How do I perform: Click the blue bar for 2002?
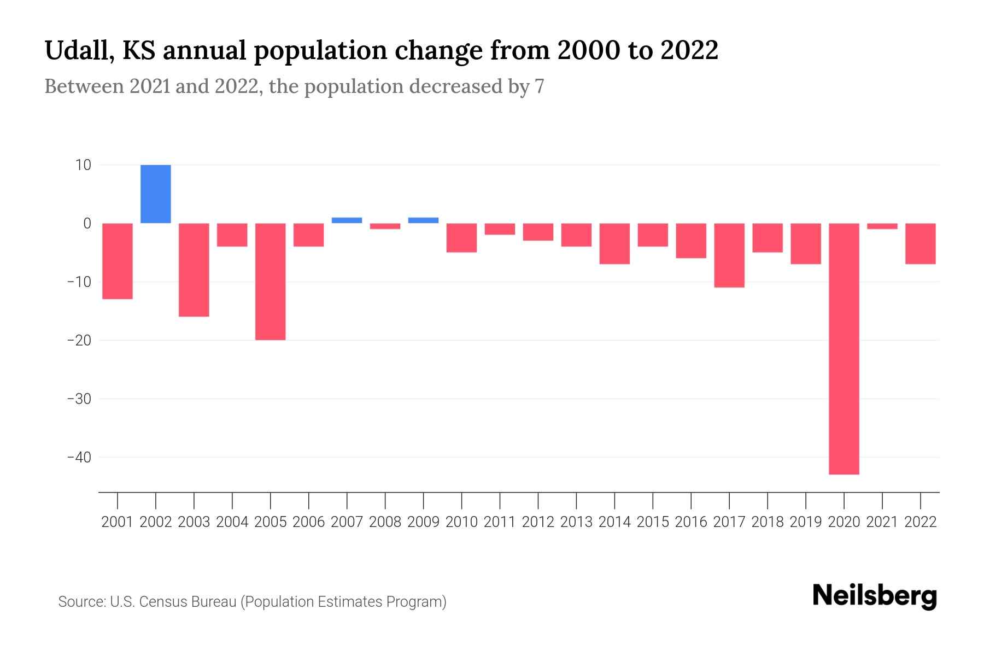(156, 194)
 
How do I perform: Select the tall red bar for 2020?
(844, 349)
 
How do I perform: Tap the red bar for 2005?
(271, 282)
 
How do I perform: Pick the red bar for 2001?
(118, 261)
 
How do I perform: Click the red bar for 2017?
(729, 255)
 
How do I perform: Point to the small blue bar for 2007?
(347, 220)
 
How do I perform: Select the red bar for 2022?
(921, 244)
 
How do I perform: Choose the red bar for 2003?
(194, 270)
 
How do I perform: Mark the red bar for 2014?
(614, 244)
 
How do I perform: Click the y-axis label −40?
(79, 457)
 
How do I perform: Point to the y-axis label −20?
(79, 340)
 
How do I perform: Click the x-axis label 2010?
(461, 522)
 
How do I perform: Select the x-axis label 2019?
(806, 522)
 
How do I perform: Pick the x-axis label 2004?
(232, 522)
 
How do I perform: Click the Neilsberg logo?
(875, 596)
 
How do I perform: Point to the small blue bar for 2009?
(423, 220)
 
